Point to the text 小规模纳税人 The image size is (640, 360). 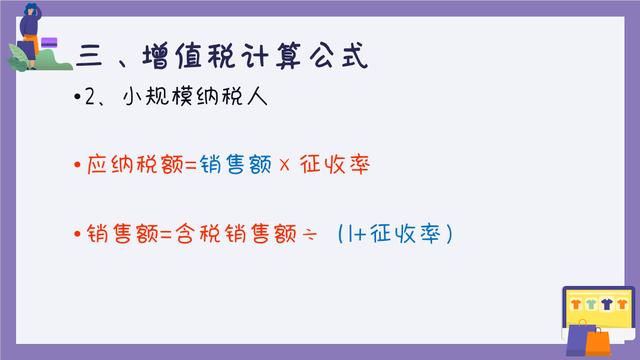(174, 103)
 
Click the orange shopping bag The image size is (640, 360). (597, 341)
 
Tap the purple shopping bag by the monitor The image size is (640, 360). (579, 333)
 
